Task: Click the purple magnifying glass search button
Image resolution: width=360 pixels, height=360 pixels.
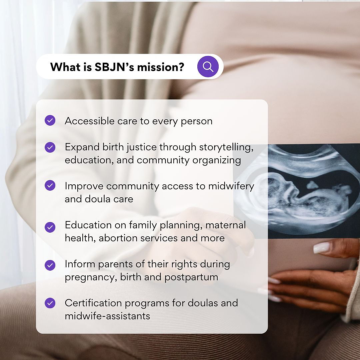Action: (x=208, y=67)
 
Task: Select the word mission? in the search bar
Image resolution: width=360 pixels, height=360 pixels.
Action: (x=160, y=67)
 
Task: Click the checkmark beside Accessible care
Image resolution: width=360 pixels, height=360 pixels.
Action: (x=50, y=120)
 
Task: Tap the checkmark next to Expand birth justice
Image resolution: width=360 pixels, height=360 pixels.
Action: (x=50, y=147)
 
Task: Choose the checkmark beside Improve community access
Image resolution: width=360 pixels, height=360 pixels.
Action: (x=50, y=185)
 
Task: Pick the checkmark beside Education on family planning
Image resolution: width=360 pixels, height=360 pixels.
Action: (x=50, y=227)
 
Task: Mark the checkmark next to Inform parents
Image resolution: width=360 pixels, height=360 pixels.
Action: (x=50, y=265)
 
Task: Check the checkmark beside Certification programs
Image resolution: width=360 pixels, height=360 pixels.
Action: (x=50, y=303)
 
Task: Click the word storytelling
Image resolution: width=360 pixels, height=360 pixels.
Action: (x=226, y=147)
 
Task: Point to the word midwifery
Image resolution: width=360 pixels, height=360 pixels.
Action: (x=231, y=186)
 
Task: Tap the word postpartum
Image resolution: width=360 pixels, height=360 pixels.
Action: (x=191, y=277)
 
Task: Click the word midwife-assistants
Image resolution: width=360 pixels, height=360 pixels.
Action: (x=107, y=316)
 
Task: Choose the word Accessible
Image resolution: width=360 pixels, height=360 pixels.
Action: (x=90, y=121)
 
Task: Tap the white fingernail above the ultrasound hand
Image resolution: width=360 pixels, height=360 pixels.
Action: (x=322, y=248)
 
